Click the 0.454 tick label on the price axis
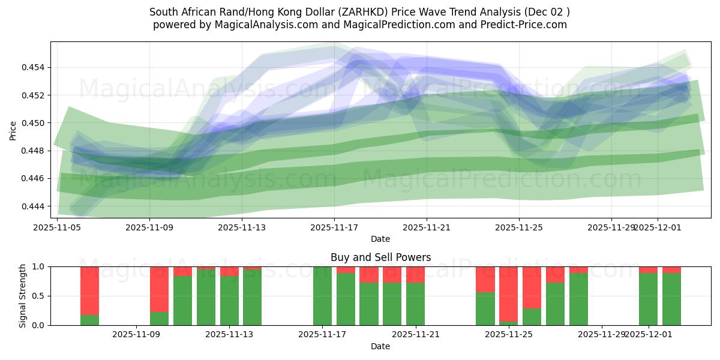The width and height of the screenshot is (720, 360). click(x=35, y=67)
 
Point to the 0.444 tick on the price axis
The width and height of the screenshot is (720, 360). click(x=35, y=206)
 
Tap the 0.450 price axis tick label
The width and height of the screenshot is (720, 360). click(x=35, y=123)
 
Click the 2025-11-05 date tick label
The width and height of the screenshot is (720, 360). click(x=57, y=227)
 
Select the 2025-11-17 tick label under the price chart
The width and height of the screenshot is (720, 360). click(x=334, y=227)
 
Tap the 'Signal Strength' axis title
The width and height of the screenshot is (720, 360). click(x=23, y=296)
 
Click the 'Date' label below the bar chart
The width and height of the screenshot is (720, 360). click(x=380, y=346)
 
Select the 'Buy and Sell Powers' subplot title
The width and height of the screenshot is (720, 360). click(x=380, y=257)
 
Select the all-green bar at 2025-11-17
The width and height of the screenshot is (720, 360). click(x=322, y=296)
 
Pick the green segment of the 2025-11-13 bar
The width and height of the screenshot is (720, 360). click(x=229, y=301)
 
